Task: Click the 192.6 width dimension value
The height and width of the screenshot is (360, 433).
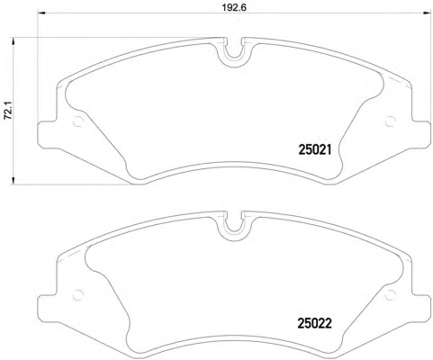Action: [x=234, y=7]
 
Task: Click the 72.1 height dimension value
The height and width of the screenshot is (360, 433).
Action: [x=7, y=111]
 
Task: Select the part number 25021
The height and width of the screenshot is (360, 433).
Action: [x=315, y=149]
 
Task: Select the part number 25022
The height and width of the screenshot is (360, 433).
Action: [x=315, y=323]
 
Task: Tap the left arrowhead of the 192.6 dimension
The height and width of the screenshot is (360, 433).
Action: [x=41, y=13]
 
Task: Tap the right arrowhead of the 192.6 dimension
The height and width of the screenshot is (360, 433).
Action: [x=426, y=13]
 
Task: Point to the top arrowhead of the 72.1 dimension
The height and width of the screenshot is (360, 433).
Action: [x=13, y=41]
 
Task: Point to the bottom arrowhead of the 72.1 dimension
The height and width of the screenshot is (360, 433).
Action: [x=13, y=180]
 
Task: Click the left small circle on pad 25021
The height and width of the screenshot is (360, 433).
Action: [x=78, y=121]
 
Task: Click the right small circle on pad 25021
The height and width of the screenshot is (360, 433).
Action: [x=390, y=121]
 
